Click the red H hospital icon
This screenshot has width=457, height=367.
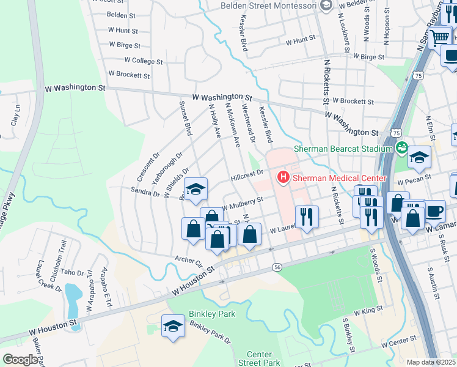click(283, 178)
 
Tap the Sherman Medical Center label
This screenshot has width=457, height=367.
click(338, 178)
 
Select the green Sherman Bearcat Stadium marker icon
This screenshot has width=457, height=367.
click(401, 148)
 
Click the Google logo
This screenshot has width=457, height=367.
click(20, 360)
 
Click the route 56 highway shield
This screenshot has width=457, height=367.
click(277, 267)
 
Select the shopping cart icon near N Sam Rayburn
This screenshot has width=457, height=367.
click(439, 37)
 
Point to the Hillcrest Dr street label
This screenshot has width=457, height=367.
click(246, 176)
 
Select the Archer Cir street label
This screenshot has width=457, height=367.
click(189, 259)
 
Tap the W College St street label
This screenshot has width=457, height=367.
click(144, 61)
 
